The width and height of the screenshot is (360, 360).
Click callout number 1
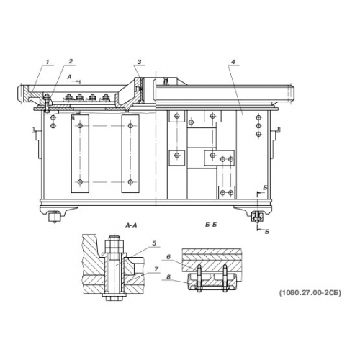point(48,62)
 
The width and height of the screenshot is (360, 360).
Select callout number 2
point(71,61)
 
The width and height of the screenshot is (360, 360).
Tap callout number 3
point(140,62)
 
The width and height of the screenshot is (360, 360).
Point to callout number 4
point(233,62)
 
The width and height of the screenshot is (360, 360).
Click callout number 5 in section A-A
point(154,243)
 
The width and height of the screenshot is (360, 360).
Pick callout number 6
point(168,257)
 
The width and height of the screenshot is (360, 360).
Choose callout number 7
point(156,269)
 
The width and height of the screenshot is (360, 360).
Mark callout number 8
point(168,277)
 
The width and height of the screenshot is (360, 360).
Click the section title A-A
point(131,225)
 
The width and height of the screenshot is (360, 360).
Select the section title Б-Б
point(211,225)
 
